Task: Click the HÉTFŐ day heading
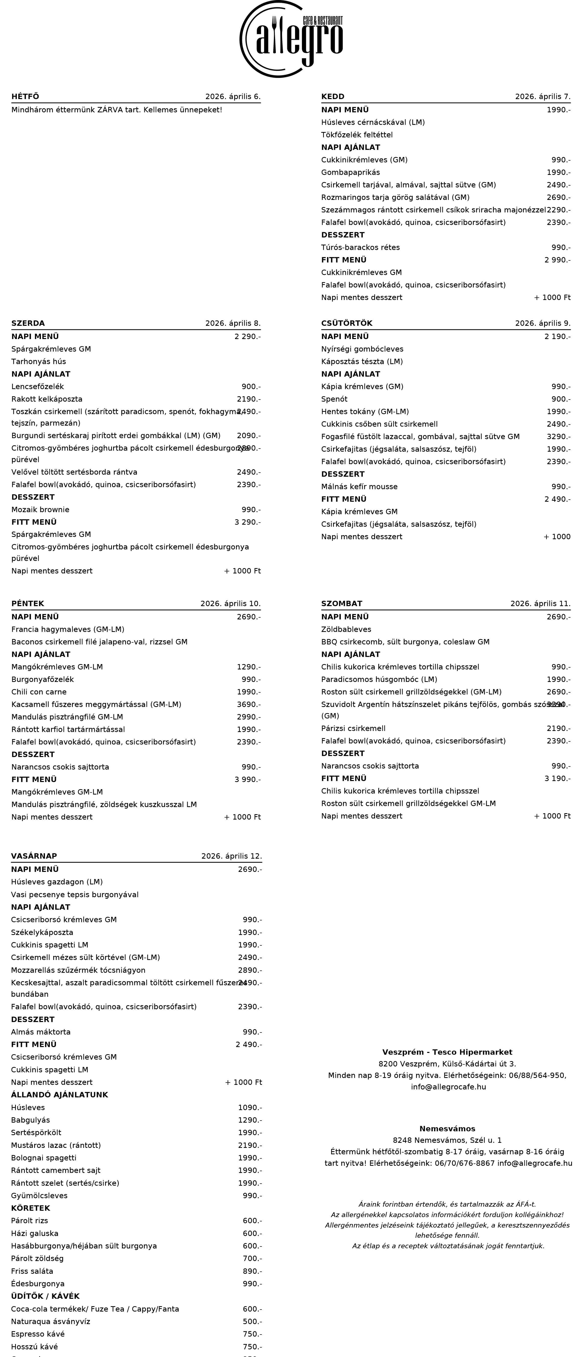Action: coord(25,97)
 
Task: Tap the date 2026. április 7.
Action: coord(542,97)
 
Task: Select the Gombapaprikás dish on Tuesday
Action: coord(350,172)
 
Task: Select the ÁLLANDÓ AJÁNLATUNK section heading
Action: coord(60,1095)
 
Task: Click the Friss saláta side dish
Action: coord(32,1271)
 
